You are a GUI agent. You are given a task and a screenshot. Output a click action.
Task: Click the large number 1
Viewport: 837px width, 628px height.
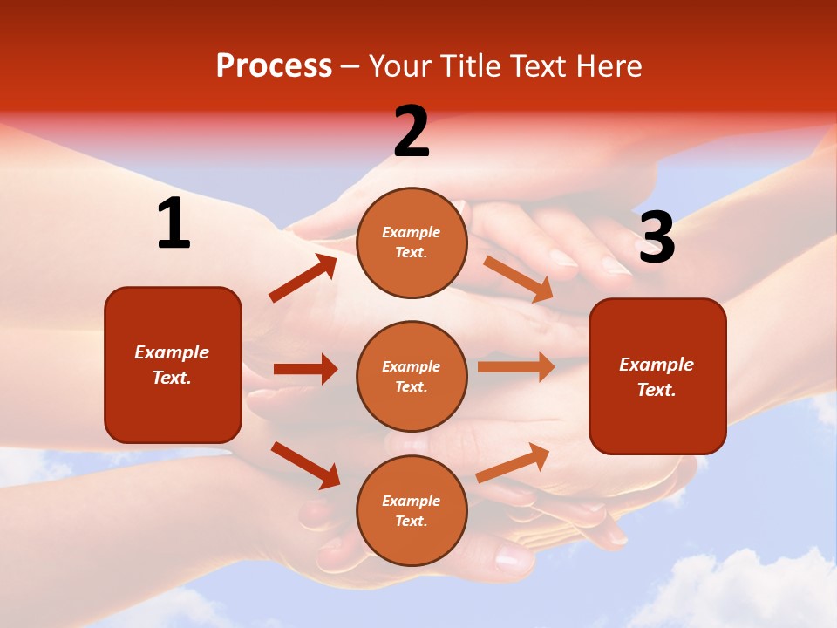click(174, 224)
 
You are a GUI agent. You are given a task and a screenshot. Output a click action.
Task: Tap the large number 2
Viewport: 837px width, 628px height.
click(412, 132)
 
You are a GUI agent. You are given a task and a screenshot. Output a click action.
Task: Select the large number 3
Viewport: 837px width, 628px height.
click(657, 238)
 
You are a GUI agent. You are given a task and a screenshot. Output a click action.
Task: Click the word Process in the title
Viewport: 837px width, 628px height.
click(274, 65)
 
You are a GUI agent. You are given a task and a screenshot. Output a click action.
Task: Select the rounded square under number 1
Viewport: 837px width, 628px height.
click(173, 365)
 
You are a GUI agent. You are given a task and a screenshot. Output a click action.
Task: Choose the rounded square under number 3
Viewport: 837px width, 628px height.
click(657, 376)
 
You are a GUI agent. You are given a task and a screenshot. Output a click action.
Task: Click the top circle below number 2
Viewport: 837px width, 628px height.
click(412, 242)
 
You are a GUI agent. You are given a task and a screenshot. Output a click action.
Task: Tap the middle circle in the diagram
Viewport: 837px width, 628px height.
click(412, 376)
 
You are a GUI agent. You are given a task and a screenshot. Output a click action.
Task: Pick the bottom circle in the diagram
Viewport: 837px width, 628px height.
click(412, 510)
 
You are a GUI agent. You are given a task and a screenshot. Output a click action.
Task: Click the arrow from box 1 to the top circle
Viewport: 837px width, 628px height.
click(303, 278)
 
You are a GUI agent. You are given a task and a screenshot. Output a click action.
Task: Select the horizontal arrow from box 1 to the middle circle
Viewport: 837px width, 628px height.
click(305, 369)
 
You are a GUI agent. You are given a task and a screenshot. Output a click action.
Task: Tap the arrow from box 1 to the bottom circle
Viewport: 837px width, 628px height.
click(305, 465)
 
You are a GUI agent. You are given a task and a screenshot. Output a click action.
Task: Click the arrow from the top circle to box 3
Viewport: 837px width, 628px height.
click(519, 278)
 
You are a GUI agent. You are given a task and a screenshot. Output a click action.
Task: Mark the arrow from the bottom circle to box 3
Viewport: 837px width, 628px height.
click(513, 462)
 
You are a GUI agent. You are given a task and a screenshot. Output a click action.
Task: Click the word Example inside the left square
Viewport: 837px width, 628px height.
click(172, 352)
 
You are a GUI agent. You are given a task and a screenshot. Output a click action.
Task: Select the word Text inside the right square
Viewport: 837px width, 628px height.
click(655, 390)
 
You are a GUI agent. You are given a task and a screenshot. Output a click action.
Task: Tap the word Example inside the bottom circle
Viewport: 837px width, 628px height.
click(412, 501)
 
